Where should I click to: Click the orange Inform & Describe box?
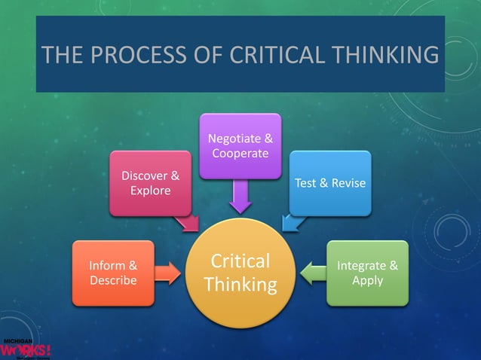tap(113, 273)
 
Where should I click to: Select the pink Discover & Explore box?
tap(150, 183)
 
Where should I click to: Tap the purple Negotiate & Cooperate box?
tap(240, 146)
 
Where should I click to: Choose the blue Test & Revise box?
tap(330, 183)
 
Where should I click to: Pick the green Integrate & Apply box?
tap(367, 273)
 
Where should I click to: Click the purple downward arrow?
tap(240, 197)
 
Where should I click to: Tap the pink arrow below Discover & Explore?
tap(186, 221)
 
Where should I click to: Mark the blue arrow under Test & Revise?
tap(292, 221)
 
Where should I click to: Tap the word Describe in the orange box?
tap(113, 280)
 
